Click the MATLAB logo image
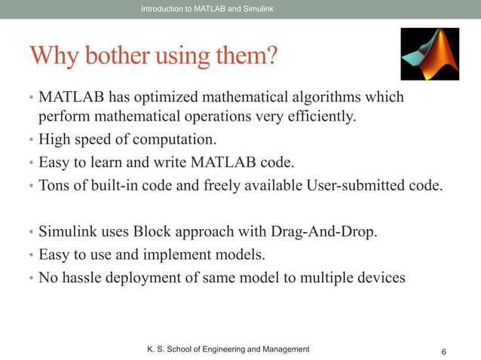tap(429, 54)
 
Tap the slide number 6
tap(443, 352)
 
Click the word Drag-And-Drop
tap(328, 230)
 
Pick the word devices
tap(379, 277)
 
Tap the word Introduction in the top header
tap(161, 8)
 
